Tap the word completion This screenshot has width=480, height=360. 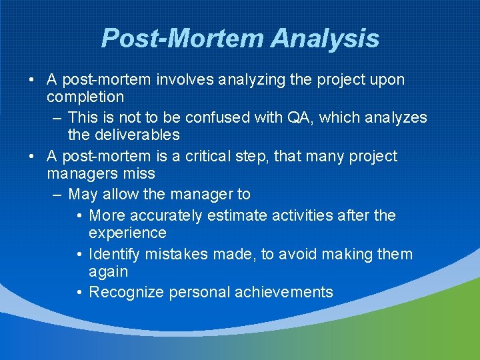[85, 97]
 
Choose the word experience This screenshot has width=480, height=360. [127, 233]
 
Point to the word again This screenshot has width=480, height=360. [108, 272]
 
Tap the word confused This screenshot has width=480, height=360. [216, 117]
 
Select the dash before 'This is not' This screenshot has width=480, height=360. [56, 117]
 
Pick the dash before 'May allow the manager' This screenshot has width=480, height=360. [56, 195]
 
